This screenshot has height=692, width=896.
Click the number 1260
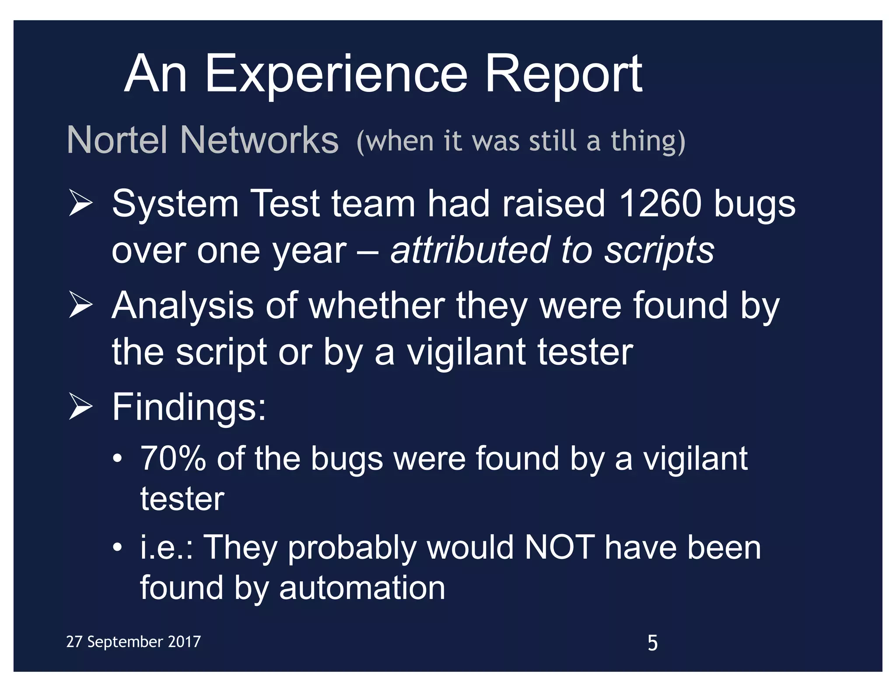[661, 204]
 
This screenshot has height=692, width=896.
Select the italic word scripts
[659, 251]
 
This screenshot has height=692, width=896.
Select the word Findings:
[189, 408]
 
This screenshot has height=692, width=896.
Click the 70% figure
[173, 459]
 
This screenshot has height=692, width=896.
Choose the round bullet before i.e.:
[117, 548]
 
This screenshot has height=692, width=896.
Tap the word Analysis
[183, 306]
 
